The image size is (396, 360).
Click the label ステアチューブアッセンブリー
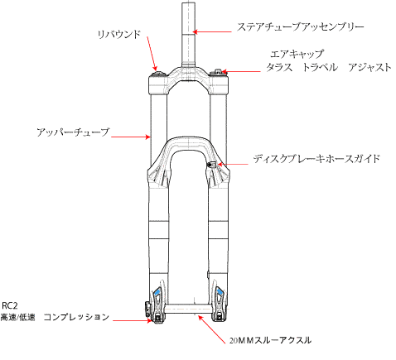point(300,27)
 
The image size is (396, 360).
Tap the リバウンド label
point(119,35)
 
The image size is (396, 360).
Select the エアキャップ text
point(297,54)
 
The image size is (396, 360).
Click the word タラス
point(279,67)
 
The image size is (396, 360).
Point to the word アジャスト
point(369,67)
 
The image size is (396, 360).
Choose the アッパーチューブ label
point(73,132)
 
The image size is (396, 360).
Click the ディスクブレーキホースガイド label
point(316,159)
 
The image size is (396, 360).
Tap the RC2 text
point(10,305)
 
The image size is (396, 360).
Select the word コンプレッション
point(76,317)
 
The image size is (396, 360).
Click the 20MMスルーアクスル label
point(270,340)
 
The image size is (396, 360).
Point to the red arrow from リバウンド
point(152,54)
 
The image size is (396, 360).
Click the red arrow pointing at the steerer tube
point(212,32)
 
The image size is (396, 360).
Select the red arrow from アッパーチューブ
point(131,137)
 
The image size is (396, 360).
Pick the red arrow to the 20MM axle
point(212,329)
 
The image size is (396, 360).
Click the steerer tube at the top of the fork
point(189,34)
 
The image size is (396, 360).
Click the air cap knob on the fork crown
point(216,73)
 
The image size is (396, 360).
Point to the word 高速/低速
point(18,318)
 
